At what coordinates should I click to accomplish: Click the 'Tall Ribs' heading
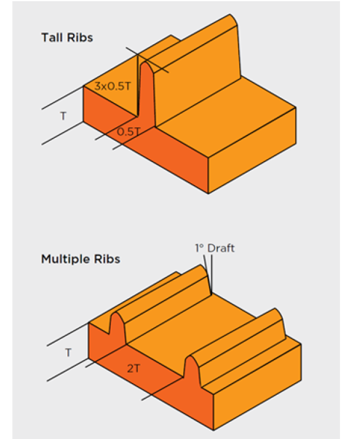(67, 37)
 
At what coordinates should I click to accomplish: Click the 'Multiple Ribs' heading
(80, 259)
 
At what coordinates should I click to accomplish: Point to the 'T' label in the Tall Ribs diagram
(63, 116)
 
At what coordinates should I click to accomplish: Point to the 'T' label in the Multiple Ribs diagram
(68, 352)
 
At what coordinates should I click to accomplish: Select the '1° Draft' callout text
(215, 248)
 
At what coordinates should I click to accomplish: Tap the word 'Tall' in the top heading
(51, 37)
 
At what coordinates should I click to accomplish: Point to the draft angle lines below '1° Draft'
(209, 275)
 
